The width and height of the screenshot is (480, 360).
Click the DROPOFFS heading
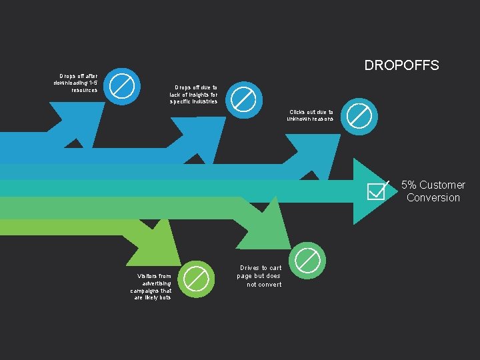[401, 65]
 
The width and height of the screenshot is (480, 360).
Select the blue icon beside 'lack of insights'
[243, 99]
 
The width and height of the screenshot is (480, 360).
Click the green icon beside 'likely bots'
[197, 279]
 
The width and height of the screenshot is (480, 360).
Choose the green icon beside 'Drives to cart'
[307, 259]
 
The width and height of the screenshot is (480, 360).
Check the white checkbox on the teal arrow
[377, 191]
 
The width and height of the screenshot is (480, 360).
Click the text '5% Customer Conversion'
[433, 191]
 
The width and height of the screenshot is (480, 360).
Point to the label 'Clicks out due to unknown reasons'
[310, 115]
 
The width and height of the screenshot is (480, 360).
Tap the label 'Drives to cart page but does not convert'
[260, 276]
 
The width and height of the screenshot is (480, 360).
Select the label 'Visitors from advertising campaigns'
[151, 287]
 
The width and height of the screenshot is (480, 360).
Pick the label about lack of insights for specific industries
[193, 95]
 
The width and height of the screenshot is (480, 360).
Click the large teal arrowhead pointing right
[371, 191]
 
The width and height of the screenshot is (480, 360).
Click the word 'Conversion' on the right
[433, 197]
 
